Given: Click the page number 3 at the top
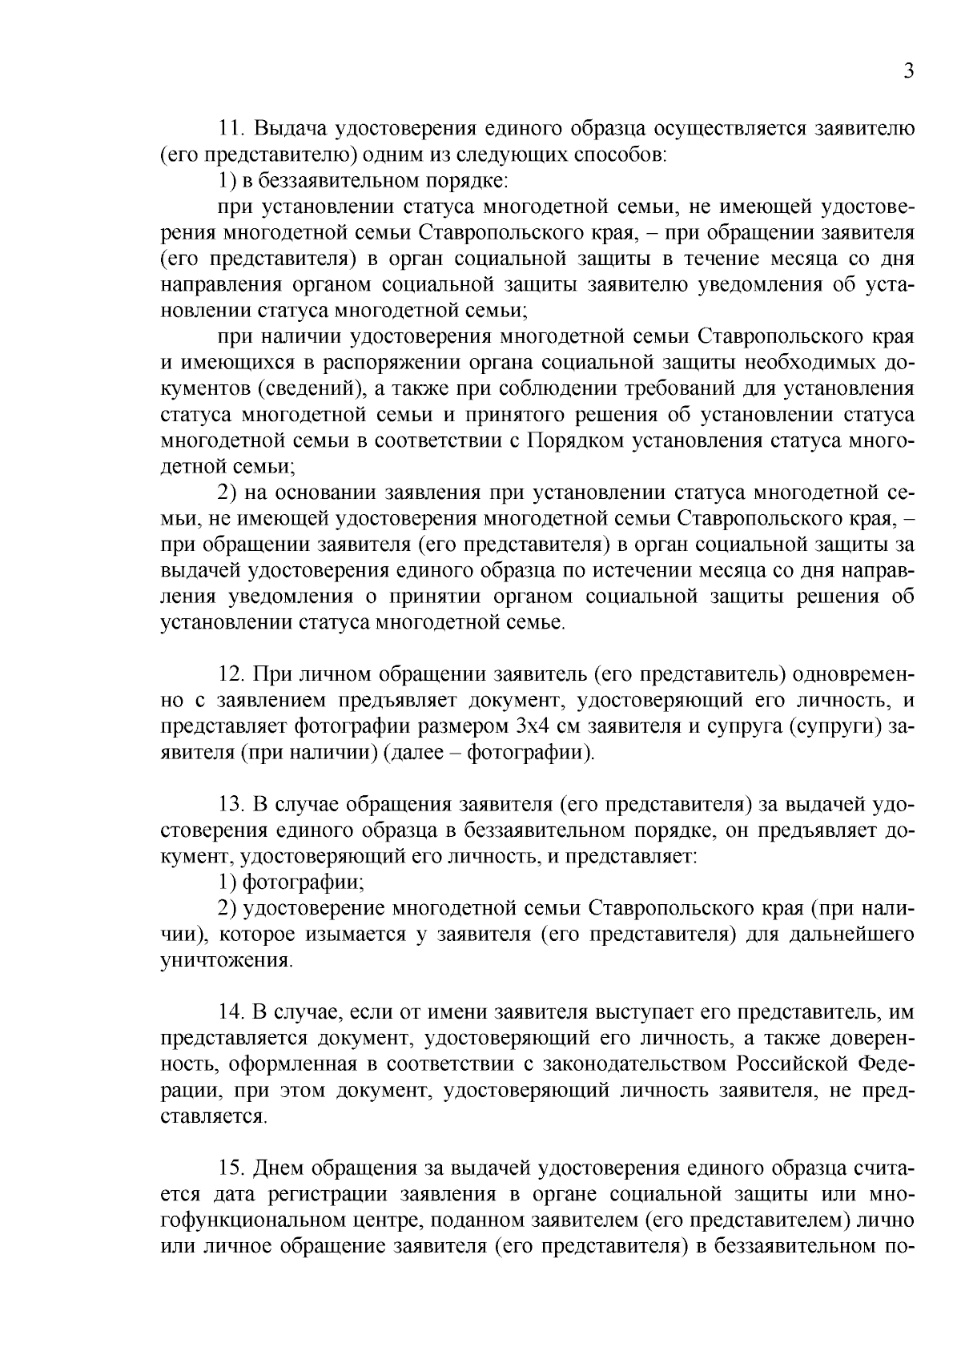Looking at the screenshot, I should pyautogui.click(x=908, y=71).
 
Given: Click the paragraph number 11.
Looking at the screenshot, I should pyautogui.click(x=231, y=129).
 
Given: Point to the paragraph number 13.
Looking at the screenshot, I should pyautogui.click(x=231, y=805).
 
